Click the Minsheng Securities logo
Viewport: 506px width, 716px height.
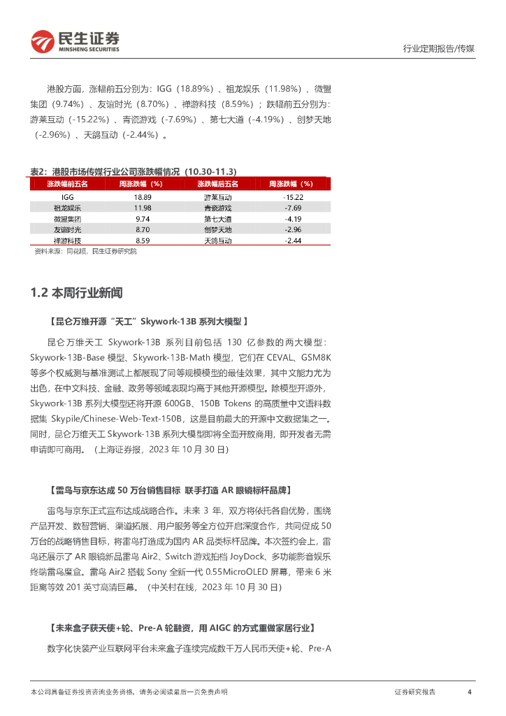[75, 42]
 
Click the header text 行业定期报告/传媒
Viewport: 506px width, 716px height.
[439, 49]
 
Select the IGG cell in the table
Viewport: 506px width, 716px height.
[67, 198]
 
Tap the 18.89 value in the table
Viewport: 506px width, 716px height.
[143, 198]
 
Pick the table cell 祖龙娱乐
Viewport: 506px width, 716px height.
[67, 208]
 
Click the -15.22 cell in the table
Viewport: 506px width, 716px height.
[294, 198]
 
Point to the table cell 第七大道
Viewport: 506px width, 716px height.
[217, 219]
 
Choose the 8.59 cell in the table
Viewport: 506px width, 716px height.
[143, 240]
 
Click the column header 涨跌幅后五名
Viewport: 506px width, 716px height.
[217, 184]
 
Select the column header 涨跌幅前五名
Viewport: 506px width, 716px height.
[67, 184]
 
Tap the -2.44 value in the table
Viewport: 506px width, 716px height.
[294, 240]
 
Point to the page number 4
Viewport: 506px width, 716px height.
[470, 692]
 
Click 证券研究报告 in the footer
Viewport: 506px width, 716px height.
[414, 692]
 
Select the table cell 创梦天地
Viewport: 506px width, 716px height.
[217, 229]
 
